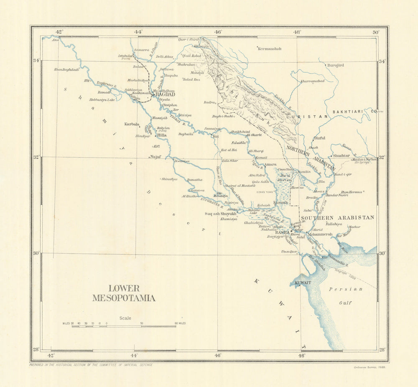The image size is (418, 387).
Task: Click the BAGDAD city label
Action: pos(165,95)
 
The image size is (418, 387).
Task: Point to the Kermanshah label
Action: pos(270,49)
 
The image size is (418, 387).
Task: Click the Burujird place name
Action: pos(335,65)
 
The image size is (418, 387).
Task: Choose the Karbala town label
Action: pos(132,124)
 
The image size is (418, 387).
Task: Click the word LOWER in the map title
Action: pos(124,289)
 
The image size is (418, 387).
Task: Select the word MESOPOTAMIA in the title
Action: pos(124,298)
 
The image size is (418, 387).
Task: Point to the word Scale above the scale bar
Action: pos(125,318)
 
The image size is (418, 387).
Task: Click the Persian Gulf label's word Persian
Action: pos(340,289)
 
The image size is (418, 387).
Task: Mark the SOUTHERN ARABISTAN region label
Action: pos(338,218)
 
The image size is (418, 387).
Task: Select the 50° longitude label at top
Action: pos(376,32)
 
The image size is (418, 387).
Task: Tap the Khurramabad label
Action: pos(313,80)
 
